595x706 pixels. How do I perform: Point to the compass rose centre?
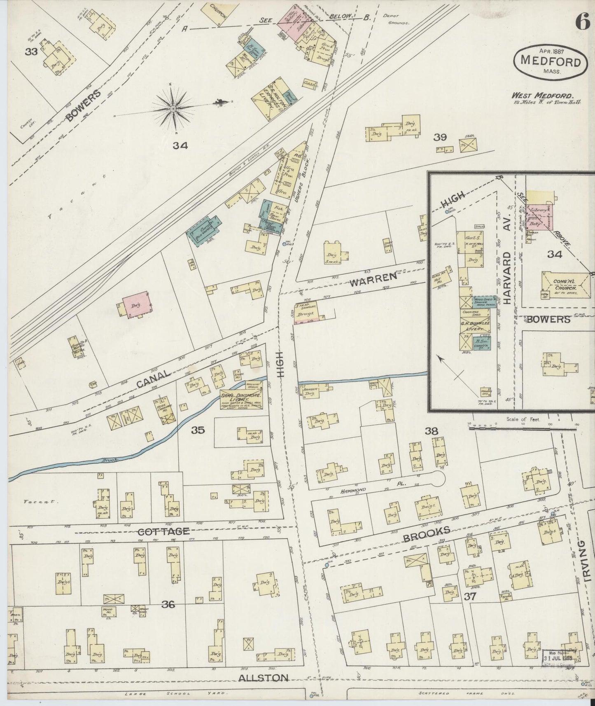click(x=174, y=108)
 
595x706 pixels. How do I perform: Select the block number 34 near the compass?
click(x=180, y=145)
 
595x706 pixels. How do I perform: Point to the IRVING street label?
click(x=587, y=566)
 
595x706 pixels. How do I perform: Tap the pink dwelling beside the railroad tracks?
click(x=135, y=305)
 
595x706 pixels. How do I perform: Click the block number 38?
click(x=432, y=431)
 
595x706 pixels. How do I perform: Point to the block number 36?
click(x=169, y=604)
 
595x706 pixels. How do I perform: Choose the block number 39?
click(x=440, y=137)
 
